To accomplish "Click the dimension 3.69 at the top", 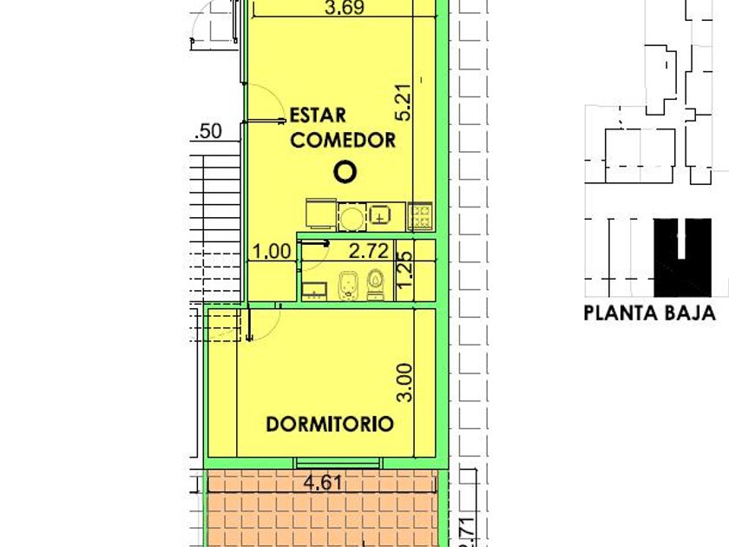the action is (x=344, y=8).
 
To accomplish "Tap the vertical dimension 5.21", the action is (x=404, y=102).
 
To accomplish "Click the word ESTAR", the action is (x=318, y=115).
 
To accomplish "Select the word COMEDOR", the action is (x=343, y=140).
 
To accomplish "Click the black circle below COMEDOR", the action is (x=345, y=172).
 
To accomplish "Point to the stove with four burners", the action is (x=420, y=216).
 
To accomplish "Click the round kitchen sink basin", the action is (x=351, y=217).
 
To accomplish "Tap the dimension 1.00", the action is (x=272, y=252).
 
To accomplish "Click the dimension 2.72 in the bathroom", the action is (x=369, y=251).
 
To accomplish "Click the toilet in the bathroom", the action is (x=375, y=285).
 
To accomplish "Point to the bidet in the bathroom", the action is (x=346, y=286).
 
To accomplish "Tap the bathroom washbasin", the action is (x=315, y=291).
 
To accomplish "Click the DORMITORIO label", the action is (x=330, y=424).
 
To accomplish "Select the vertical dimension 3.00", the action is (x=404, y=382).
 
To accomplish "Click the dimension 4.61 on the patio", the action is (x=323, y=483).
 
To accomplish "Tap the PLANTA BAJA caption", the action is (x=649, y=313).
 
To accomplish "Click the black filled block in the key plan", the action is (x=682, y=257).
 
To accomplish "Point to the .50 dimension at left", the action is (x=208, y=131).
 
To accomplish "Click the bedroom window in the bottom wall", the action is (x=338, y=463).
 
